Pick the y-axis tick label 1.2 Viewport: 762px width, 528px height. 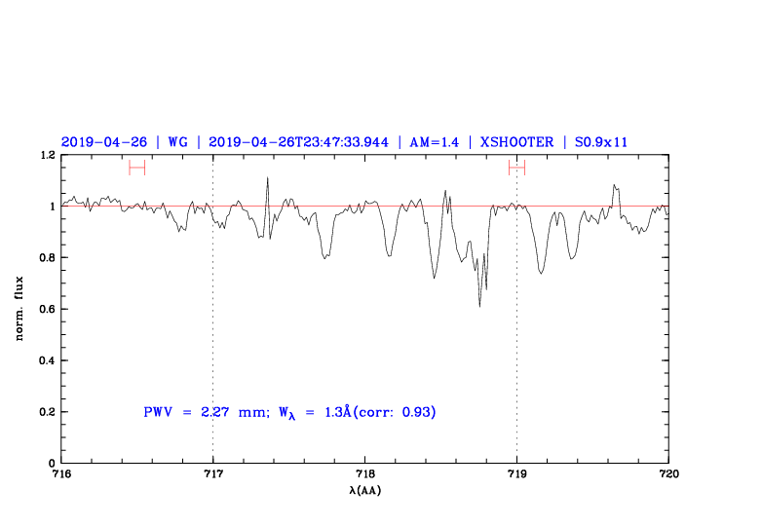pyautogui.click(x=45, y=155)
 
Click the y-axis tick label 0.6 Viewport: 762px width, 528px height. pyautogui.click(x=45, y=309)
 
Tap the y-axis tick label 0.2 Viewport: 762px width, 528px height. pyautogui.click(x=45, y=412)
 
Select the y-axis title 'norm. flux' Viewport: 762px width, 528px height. pyautogui.click(x=19, y=309)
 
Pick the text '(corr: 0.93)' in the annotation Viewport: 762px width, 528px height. pyautogui.click(x=395, y=412)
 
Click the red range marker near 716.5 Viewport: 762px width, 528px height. pyautogui.click(x=137, y=168)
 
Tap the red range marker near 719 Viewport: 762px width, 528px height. pyautogui.click(x=516, y=168)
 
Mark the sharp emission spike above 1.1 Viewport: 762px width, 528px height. pyautogui.click(x=267, y=179)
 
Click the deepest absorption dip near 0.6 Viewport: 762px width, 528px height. pyautogui.click(x=479, y=305)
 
